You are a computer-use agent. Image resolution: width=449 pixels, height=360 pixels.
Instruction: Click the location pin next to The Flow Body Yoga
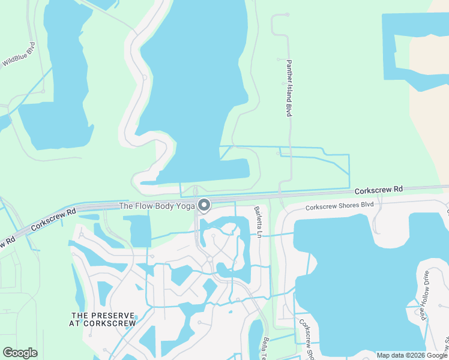click(204, 206)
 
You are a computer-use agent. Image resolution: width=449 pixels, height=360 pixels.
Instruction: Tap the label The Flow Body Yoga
click(156, 206)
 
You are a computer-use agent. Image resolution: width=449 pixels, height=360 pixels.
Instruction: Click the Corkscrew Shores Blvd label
click(339, 206)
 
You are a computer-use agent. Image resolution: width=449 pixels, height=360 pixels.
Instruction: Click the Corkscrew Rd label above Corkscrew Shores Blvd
click(378, 190)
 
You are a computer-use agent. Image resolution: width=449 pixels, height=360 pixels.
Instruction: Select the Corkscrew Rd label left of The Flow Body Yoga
click(54, 219)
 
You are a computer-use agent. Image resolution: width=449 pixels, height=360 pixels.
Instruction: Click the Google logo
click(20, 353)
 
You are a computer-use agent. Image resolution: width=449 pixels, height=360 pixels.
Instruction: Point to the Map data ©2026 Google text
click(411, 355)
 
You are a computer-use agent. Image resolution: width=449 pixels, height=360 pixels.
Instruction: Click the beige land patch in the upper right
click(429, 120)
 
